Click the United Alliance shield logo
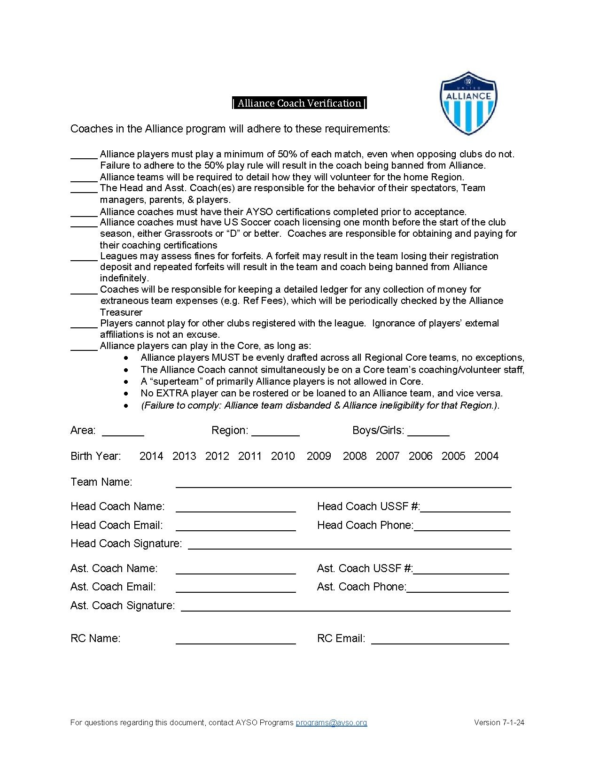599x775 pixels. point(468,103)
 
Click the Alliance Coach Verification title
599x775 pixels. point(299,103)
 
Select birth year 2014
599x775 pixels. point(151,456)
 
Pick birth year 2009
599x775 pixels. point(319,456)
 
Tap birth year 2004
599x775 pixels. point(486,456)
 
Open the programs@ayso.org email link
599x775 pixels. point(331,723)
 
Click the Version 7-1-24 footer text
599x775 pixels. point(499,723)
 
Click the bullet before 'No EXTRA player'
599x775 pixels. point(126,394)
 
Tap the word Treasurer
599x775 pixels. point(121,312)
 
